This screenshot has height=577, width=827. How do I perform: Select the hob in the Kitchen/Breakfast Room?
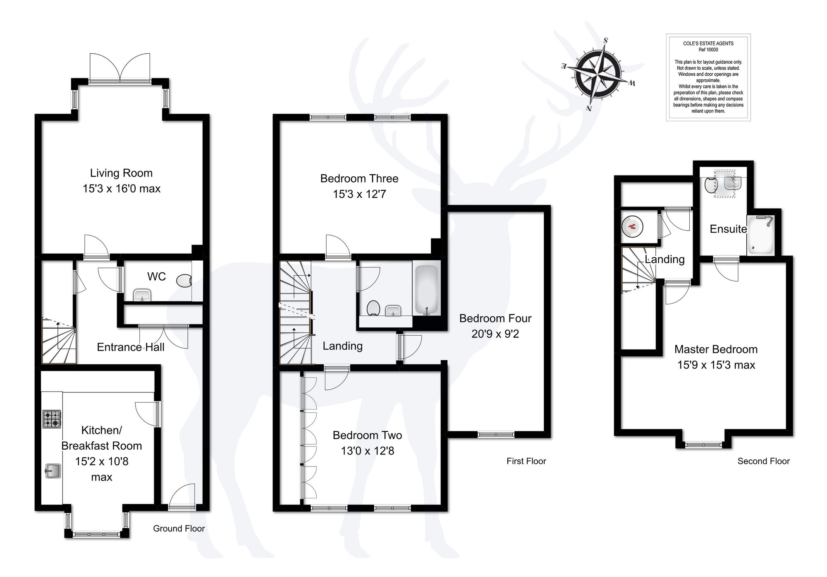click(x=52, y=419)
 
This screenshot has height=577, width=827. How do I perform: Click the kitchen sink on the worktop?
click(x=53, y=471)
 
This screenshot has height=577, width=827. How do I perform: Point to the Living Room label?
click(x=121, y=173)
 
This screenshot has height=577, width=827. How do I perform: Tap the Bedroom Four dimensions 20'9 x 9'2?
click(x=495, y=334)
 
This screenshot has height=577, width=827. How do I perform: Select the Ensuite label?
click(x=728, y=229)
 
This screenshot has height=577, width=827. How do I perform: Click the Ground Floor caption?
click(x=179, y=529)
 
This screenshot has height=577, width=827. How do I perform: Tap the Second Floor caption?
click(x=763, y=461)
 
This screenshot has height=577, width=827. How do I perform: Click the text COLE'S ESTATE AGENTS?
click(x=708, y=43)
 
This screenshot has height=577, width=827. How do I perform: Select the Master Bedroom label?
click(x=716, y=349)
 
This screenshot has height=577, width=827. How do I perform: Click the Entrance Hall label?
click(x=130, y=347)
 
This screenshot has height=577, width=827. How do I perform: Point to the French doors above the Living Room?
click(x=120, y=68)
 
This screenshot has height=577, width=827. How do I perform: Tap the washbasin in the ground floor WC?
click(x=142, y=296)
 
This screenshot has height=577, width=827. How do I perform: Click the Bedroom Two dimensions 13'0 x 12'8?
click(x=367, y=451)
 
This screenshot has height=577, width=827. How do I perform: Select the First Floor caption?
click(x=526, y=461)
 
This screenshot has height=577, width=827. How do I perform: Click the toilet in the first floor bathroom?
click(x=373, y=308)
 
